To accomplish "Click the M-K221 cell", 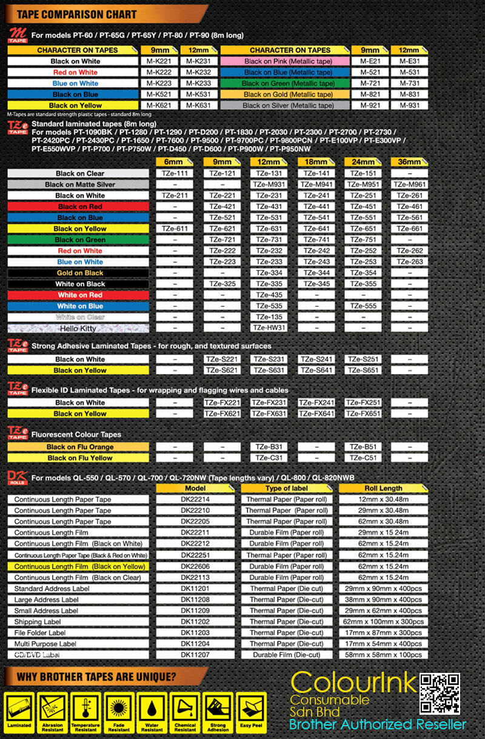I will [x=158, y=61].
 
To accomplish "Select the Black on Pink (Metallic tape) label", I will [x=288, y=61].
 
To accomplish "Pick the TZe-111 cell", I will [x=175, y=173].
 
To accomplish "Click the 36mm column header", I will [x=409, y=162].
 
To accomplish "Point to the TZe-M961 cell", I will [x=409, y=184].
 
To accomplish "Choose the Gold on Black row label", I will [x=80, y=273].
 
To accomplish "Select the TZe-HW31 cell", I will [x=269, y=328].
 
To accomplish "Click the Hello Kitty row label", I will [x=78, y=328].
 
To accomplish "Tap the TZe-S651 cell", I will [x=362, y=370].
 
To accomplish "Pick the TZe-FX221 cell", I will [x=222, y=403].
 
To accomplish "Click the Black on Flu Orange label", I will [x=80, y=447].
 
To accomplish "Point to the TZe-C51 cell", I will [x=362, y=458].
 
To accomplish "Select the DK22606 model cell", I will [x=195, y=566].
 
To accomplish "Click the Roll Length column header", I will [x=383, y=488].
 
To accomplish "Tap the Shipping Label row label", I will [x=38, y=621].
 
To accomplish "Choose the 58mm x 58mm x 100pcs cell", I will [x=383, y=655].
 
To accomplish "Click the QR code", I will [x=440, y=693].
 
